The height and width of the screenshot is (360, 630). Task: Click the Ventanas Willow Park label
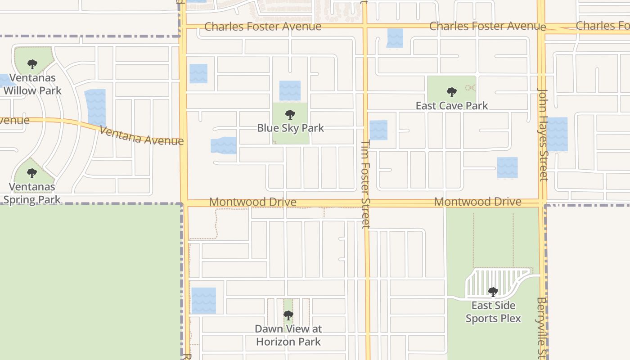click(32, 84)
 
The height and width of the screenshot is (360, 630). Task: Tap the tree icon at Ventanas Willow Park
click(32, 65)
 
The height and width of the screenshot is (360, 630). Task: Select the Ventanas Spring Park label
click(32, 193)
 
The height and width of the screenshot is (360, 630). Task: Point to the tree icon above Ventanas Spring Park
click(31, 173)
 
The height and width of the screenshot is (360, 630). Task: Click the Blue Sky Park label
click(290, 128)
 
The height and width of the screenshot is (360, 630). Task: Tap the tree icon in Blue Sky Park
click(290, 115)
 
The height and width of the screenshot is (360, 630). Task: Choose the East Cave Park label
click(451, 106)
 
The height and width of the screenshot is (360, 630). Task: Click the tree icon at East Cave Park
click(451, 92)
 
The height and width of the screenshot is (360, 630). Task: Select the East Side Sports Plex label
click(493, 312)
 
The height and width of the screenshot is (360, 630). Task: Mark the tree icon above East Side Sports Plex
click(493, 292)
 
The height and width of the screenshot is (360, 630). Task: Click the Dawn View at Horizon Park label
click(288, 335)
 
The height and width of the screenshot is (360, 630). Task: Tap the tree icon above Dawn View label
click(288, 315)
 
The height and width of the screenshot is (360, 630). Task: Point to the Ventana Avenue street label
click(141, 135)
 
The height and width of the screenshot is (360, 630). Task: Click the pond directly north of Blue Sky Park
click(290, 90)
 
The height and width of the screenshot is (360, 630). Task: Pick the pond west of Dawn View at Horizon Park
click(203, 301)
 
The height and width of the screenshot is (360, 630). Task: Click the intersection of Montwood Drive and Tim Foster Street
click(366, 203)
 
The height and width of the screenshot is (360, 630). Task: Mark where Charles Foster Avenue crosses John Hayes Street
click(541, 26)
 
